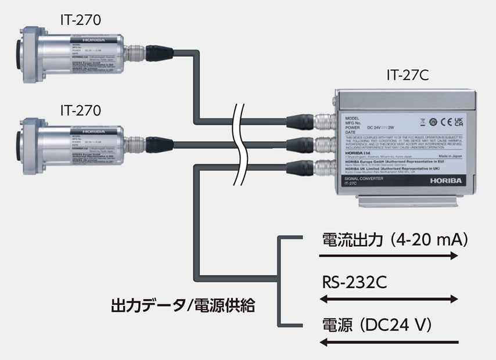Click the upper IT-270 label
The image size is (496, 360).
click(x=81, y=19)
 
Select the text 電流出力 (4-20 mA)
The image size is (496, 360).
click(x=394, y=239)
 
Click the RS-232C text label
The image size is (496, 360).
click(x=351, y=284)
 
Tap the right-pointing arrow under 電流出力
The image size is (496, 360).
click(x=389, y=255)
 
